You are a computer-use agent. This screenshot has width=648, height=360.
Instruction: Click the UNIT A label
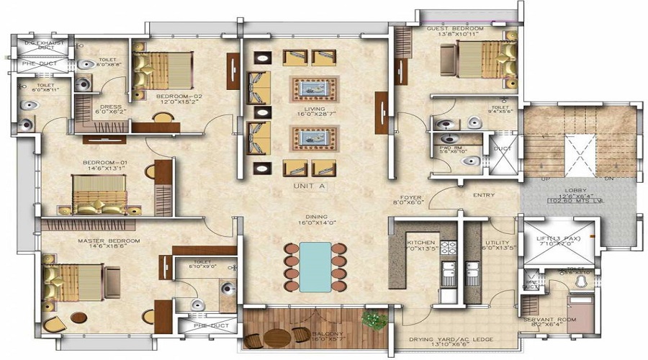click(310, 186)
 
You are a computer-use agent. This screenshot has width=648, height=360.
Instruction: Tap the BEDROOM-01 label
click(104, 163)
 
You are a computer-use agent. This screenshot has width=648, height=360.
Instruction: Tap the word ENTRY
click(483, 194)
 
